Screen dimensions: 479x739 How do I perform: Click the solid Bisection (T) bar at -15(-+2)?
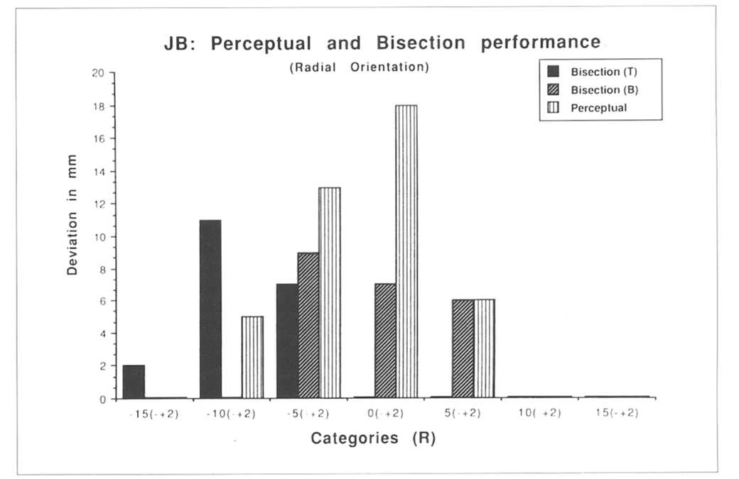(x=134, y=382)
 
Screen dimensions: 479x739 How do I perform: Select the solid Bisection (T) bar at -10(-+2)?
(x=210, y=309)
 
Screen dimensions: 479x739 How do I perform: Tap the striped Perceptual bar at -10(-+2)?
(x=252, y=357)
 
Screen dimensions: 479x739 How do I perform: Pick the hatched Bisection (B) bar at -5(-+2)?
(x=308, y=325)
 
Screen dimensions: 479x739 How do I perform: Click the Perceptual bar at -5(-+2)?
(x=330, y=292)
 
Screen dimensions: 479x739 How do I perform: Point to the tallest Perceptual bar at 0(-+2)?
(x=406, y=251)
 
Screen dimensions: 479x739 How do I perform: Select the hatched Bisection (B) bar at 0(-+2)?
(x=385, y=341)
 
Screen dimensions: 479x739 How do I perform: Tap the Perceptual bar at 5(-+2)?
(x=484, y=348)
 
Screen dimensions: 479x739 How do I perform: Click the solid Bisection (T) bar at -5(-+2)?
(x=287, y=341)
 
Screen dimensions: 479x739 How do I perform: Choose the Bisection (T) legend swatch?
(x=554, y=71)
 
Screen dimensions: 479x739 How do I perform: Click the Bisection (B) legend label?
(x=605, y=89)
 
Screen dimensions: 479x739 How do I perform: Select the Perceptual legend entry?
(x=598, y=108)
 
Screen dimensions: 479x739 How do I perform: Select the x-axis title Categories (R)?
(x=372, y=439)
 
